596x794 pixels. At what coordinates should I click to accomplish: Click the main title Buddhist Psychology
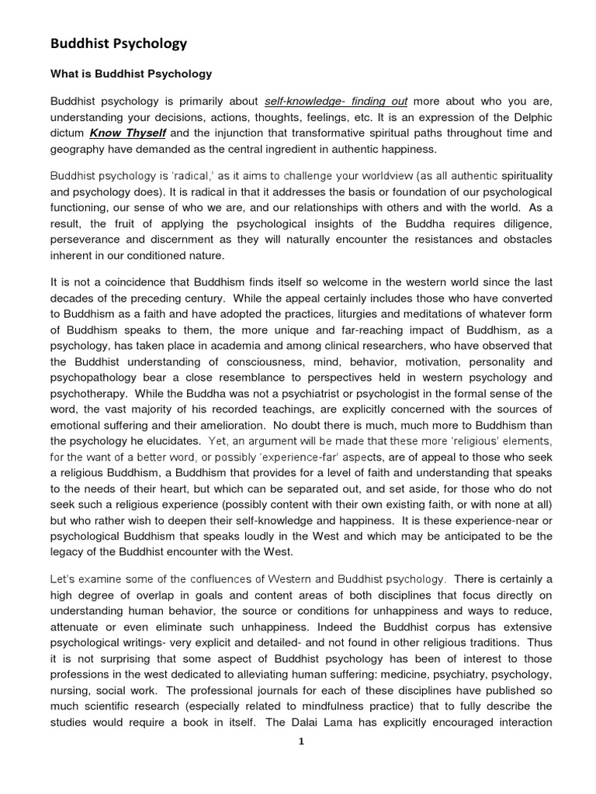pyautogui.click(x=119, y=43)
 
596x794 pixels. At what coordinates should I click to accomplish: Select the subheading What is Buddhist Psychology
pyautogui.click(x=131, y=74)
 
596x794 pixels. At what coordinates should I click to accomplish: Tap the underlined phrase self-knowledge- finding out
pyautogui.click(x=336, y=102)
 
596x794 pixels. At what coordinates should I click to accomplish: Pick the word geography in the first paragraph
pyautogui.click(x=80, y=148)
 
